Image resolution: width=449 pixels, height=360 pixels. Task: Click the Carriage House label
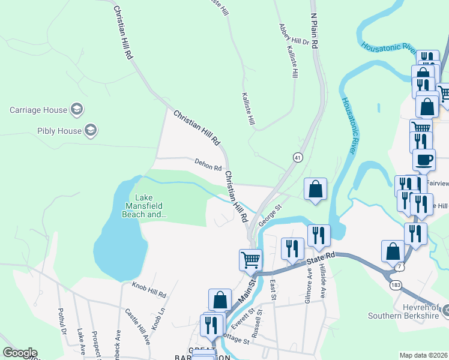pyautogui.click(x=38, y=110)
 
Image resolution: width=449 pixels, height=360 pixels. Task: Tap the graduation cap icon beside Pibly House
pyautogui.click(x=90, y=130)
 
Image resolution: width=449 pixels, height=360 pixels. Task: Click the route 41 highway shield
pyautogui.click(x=297, y=157)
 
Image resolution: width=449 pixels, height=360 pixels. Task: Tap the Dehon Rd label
pyautogui.click(x=208, y=164)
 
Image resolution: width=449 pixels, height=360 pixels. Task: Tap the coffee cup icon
pyautogui.click(x=424, y=160)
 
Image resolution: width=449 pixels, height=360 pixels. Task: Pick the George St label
pyautogui.click(x=270, y=215)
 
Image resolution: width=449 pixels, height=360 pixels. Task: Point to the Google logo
pyautogui.click(x=19, y=353)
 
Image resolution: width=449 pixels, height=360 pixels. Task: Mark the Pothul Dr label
pyautogui.click(x=61, y=322)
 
